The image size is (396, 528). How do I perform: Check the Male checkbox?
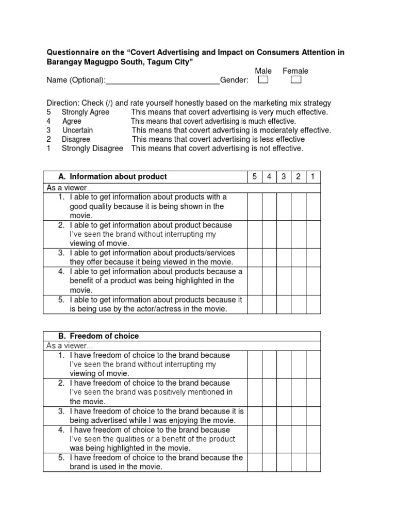(263, 80)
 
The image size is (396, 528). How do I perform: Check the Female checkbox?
(295, 80)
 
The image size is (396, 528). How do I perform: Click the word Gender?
(234, 80)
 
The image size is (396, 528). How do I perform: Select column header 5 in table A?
(254, 177)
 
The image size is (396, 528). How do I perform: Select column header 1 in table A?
(312, 177)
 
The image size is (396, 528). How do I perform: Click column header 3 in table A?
(283, 177)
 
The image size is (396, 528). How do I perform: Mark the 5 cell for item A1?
(254, 206)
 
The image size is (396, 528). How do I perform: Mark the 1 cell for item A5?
(312, 304)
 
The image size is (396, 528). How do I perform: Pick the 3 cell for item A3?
(283, 257)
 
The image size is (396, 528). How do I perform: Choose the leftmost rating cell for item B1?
(254, 365)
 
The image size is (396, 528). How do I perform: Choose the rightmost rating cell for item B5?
(312, 462)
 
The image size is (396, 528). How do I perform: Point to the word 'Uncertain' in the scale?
(78, 130)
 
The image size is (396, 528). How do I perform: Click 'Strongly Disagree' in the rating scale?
(92, 148)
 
